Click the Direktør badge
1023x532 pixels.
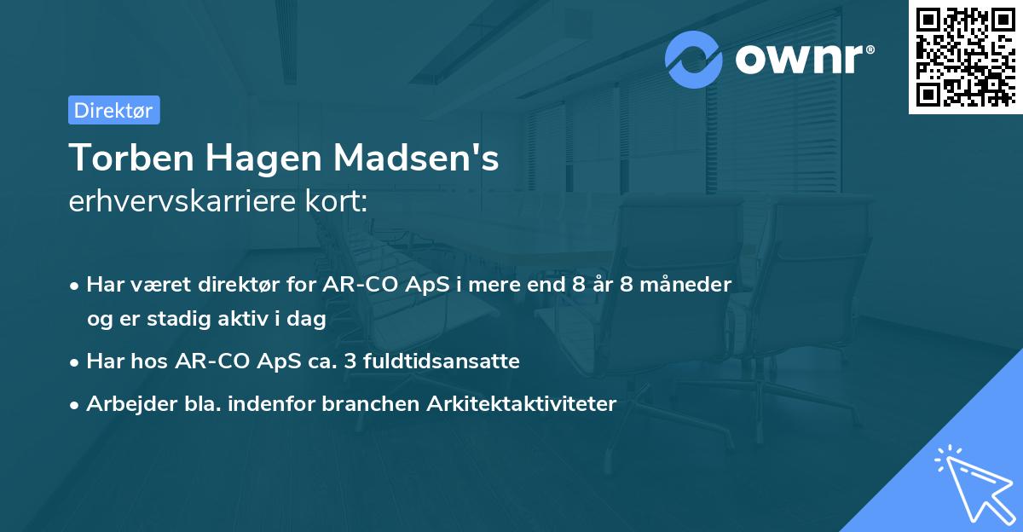(113, 110)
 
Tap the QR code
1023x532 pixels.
(965, 56)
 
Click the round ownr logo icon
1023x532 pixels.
(694, 59)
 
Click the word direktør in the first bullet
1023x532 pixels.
(250, 285)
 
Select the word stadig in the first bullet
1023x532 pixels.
(170, 318)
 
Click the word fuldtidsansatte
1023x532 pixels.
(442, 361)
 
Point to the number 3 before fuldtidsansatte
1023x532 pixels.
(350, 361)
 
